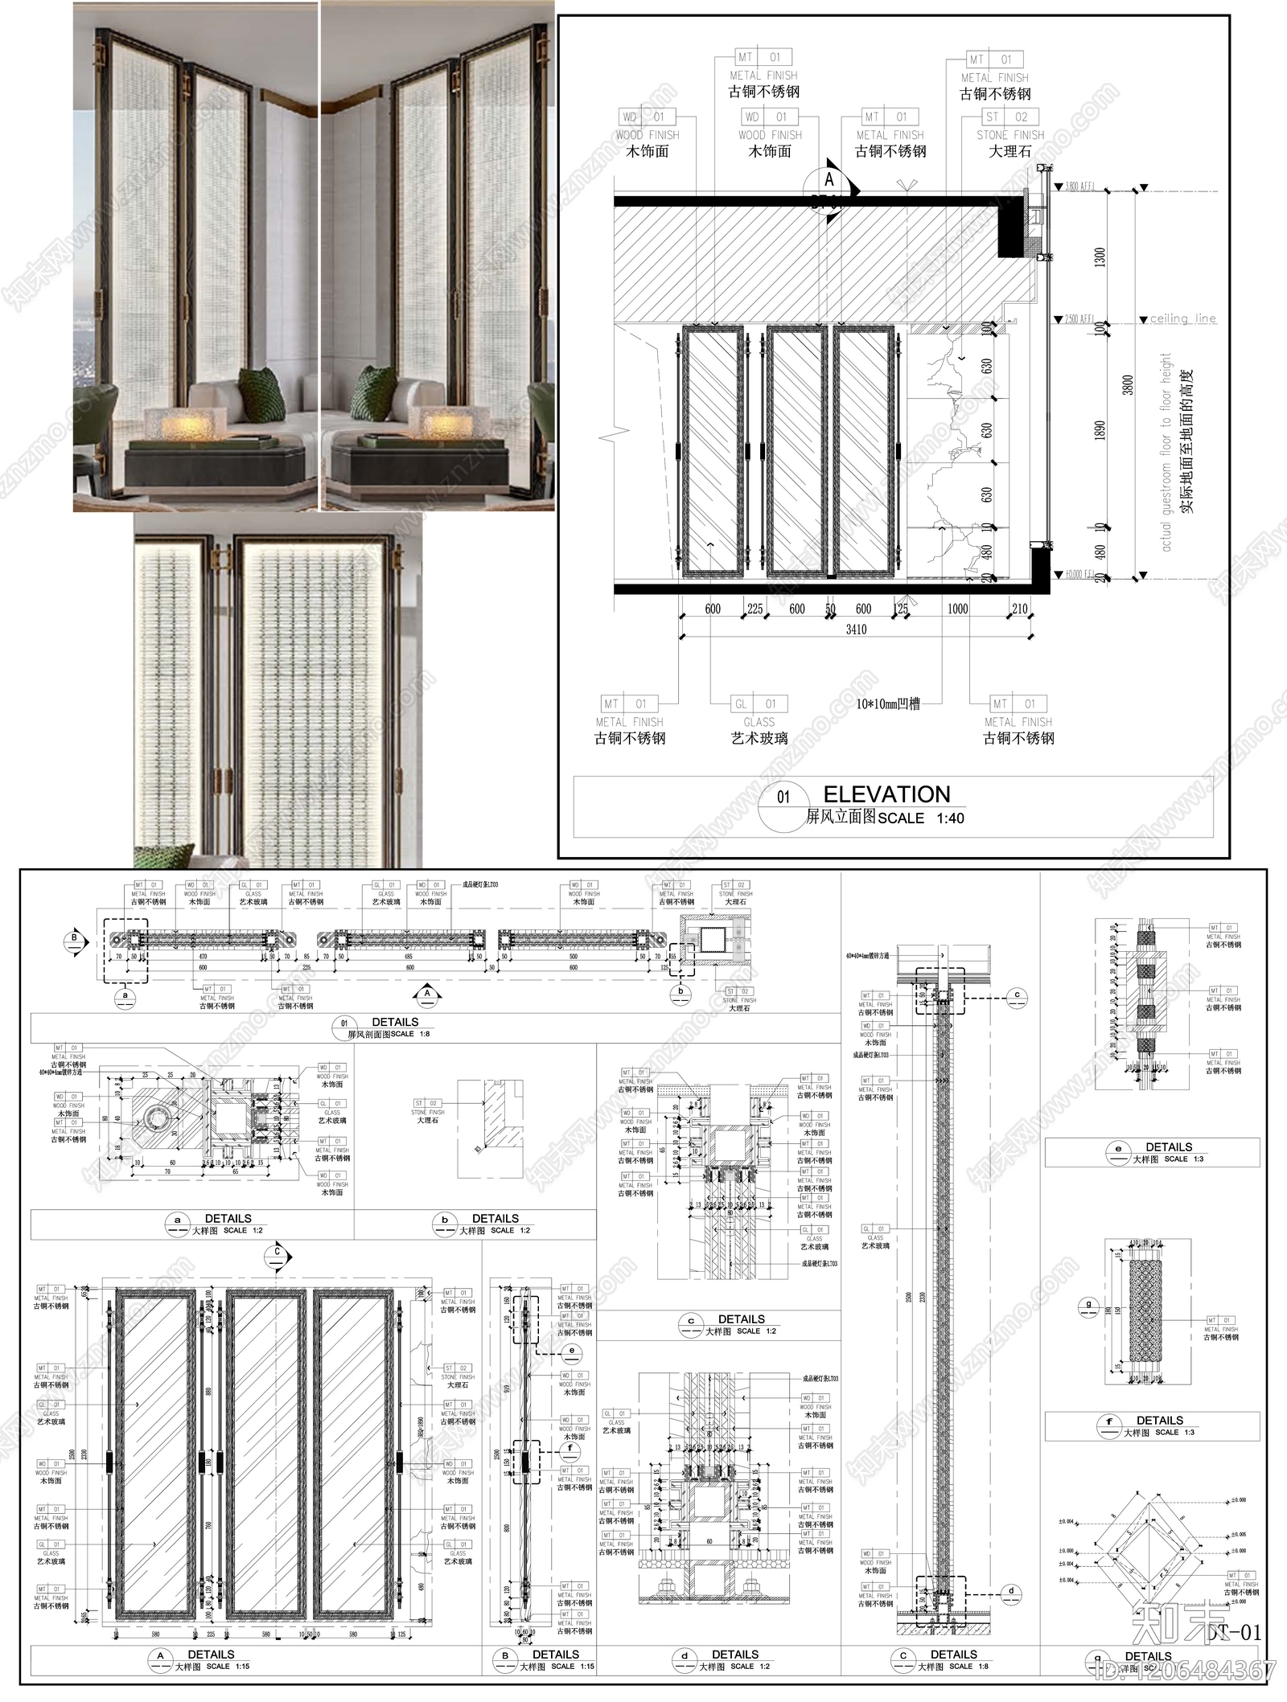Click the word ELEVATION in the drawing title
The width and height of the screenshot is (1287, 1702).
[x=886, y=794]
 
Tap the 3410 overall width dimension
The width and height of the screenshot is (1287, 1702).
[x=856, y=630]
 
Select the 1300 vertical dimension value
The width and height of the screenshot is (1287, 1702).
[x=1100, y=257]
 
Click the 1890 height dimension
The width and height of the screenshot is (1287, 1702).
[x=1100, y=430]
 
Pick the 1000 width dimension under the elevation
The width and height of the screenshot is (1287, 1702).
[x=957, y=609]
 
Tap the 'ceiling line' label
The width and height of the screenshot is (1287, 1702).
[x=1182, y=318]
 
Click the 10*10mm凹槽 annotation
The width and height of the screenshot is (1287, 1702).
[x=888, y=703]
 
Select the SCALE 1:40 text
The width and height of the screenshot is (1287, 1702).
[x=921, y=818]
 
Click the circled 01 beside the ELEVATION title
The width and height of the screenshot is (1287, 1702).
[x=783, y=798]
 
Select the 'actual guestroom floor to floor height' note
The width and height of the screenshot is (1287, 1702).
[x=1166, y=450]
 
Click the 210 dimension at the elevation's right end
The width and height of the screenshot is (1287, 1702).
[x=1019, y=609]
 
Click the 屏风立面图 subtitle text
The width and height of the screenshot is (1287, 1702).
[x=841, y=818]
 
